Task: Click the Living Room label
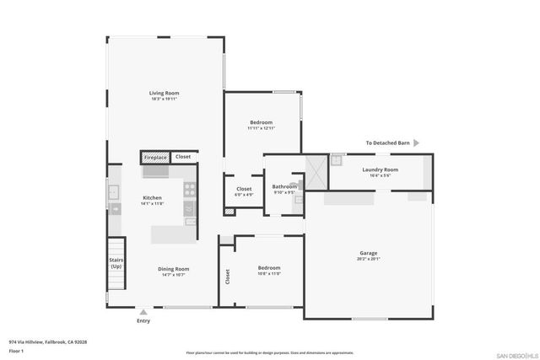tap(164, 94)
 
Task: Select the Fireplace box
tap(155, 158)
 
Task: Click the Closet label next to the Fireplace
tap(183, 158)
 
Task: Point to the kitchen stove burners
tap(190, 189)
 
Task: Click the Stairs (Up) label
tap(116, 263)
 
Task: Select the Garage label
tap(368, 253)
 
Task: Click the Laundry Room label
tap(380, 169)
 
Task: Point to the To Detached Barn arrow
tap(416, 143)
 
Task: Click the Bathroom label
tap(284, 186)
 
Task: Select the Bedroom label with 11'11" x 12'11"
tap(261, 122)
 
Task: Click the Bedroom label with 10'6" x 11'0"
tap(269, 268)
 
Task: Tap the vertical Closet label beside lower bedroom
tap(227, 276)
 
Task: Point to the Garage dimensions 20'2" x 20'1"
tap(368, 259)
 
